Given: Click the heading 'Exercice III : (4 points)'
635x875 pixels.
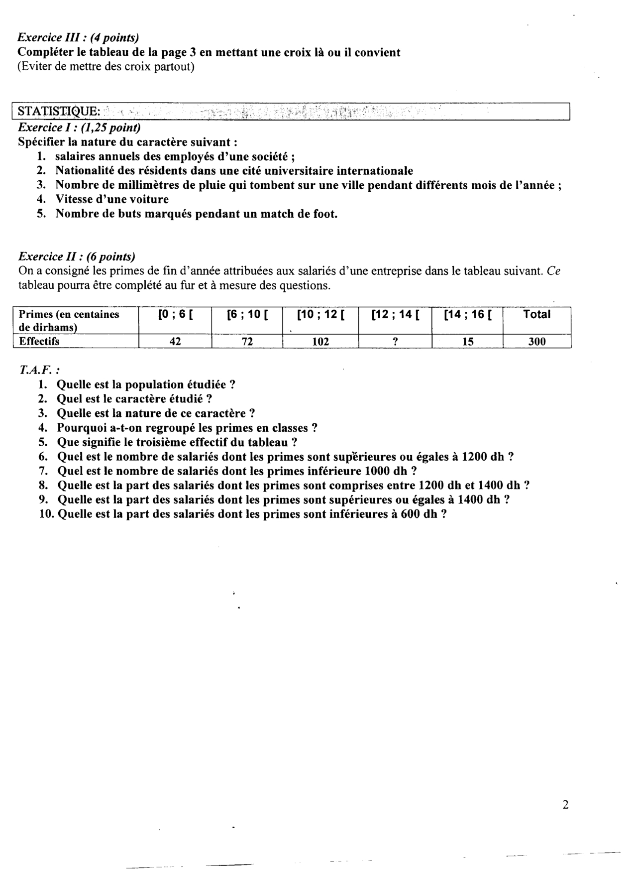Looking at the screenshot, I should (x=78, y=38).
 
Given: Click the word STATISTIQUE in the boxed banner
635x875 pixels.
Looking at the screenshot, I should (x=58, y=110).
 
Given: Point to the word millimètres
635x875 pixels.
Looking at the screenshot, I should (x=133, y=185).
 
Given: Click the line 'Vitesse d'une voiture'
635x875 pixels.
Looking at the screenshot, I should (x=112, y=200).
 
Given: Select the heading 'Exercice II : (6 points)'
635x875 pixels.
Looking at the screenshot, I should (x=77, y=256).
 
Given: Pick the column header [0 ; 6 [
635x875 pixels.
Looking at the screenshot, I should (x=175, y=315).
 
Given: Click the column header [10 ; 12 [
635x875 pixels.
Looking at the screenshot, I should (x=320, y=315).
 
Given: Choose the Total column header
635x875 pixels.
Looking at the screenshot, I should (x=536, y=314).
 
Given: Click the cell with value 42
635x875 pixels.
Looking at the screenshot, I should (x=175, y=342).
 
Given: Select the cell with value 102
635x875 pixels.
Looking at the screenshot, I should (x=320, y=342).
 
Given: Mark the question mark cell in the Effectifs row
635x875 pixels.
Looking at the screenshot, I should (x=395, y=342).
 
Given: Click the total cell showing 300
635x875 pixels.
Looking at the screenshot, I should (x=536, y=342).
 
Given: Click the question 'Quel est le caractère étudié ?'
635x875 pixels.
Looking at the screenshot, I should (x=135, y=399).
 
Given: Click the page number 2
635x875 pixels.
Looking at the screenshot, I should (x=565, y=805).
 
